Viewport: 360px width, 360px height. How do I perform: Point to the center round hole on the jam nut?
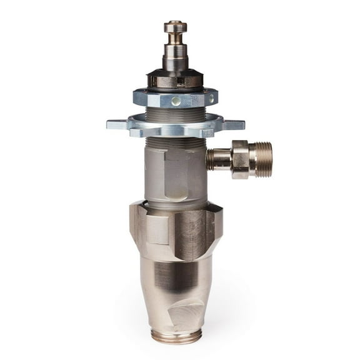click(176, 101)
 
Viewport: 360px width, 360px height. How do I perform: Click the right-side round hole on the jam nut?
click(211, 98)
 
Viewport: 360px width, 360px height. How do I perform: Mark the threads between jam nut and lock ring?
click(175, 113)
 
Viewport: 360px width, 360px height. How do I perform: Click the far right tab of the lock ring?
click(235, 124)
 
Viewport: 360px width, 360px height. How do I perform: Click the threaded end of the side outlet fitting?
click(263, 159)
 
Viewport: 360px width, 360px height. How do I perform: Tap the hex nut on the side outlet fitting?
click(240, 159)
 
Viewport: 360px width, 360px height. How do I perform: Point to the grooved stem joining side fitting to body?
click(217, 159)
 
